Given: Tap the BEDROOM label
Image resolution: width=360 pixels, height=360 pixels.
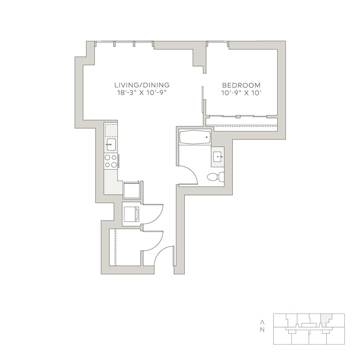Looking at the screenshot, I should pyautogui.click(x=241, y=85).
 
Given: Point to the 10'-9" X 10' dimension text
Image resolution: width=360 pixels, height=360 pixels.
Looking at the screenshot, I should pyautogui.click(x=241, y=93).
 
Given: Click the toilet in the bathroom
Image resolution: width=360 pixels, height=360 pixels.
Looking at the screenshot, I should pyautogui.click(x=215, y=177).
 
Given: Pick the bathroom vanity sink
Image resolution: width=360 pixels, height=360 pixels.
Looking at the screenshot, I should pyautogui.click(x=218, y=157).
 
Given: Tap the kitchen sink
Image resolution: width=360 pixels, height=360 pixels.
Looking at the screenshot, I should pyautogui.click(x=111, y=144).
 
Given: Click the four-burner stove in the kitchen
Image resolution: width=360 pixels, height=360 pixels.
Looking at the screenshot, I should pyautogui.click(x=111, y=161).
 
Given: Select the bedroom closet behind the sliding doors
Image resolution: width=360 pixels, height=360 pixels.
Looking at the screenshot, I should pyautogui.click(x=241, y=122).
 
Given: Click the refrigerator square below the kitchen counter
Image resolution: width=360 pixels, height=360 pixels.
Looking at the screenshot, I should pyautogui.click(x=131, y=190).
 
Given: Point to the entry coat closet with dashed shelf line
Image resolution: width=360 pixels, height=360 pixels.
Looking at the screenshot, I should pyautogui.click(x=125, y=247).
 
